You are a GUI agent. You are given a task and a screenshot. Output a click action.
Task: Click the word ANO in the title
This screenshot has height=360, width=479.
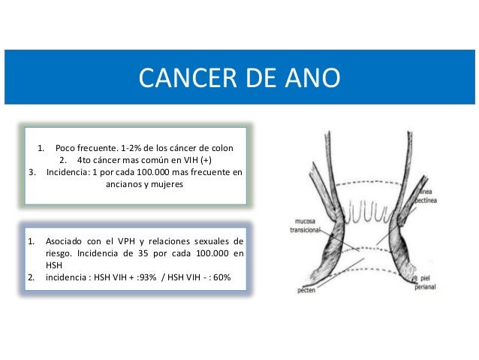point(312,77)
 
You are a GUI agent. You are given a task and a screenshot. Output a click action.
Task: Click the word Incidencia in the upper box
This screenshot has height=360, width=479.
point(68,171)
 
